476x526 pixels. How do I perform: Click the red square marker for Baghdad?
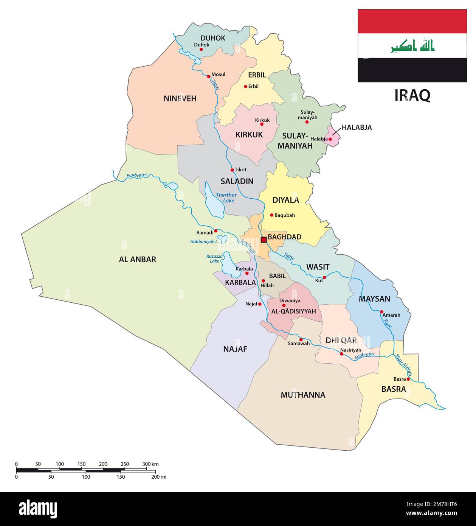(264, 240)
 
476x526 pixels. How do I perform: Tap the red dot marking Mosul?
(209, 76)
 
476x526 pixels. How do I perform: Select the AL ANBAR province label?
(137, 260)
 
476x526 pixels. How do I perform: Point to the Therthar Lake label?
(226, 198)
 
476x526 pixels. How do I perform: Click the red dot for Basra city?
(408, 379)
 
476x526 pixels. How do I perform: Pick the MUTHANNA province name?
(302, 395)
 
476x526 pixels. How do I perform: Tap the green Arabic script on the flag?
(412, 45)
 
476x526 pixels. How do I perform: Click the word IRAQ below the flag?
(412, 95)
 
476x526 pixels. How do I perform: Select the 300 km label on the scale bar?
(150, 464)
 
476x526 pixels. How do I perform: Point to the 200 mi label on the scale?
(158, 477)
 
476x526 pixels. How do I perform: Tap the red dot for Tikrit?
(232, 170)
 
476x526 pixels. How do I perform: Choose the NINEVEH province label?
(180, 99)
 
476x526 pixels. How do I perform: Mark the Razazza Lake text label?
(212, 258)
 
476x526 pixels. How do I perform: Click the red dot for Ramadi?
(216, 230)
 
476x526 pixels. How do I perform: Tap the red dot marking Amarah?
(381, 312)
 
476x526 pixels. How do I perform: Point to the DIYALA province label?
(285, 200)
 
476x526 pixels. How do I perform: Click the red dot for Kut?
(324, 277)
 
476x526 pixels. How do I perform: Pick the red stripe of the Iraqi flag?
(412, 21)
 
